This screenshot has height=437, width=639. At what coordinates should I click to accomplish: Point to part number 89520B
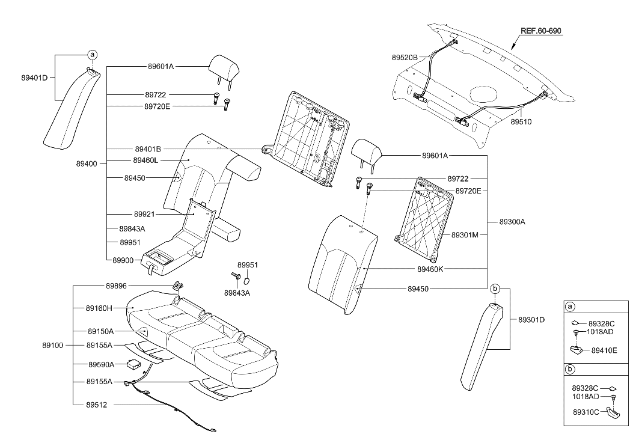click(405, 57)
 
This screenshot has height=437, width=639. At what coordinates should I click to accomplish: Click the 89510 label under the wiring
click(521, 121)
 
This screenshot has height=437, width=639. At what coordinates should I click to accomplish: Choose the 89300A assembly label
click(512, 222)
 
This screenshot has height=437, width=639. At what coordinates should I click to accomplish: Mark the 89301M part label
click(465, 234)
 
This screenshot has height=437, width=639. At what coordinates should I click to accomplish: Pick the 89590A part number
click(101, 365)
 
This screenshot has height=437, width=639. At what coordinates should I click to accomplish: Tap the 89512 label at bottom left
click(96, 405)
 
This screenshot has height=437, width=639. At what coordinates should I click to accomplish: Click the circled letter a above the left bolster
click(92, 55)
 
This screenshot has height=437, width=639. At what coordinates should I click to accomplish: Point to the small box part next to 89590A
click(132, 363)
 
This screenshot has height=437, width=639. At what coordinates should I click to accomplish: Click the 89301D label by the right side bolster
click(531, 319)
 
